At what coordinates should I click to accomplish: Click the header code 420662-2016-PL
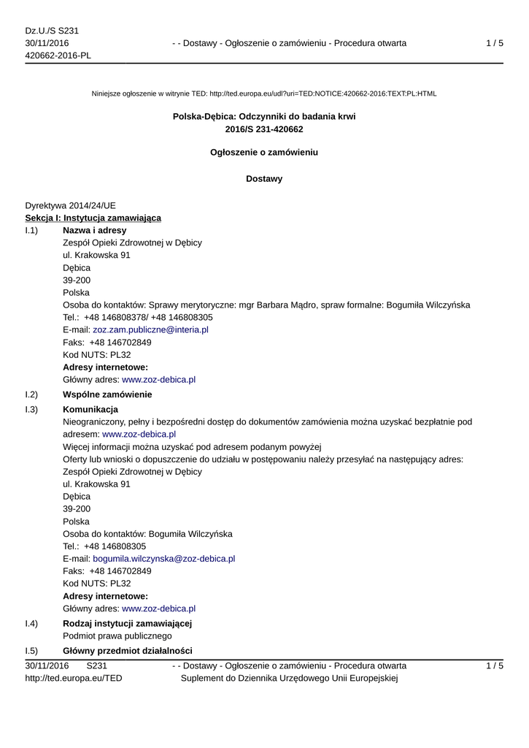click(x=58, y=56)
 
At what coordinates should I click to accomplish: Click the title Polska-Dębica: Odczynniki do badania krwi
click(x=264, y=117)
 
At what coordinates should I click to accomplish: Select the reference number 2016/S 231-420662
click(x=264, y=129)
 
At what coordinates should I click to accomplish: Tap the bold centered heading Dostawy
click(x=264, y=179)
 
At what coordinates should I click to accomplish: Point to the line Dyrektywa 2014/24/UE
click(x=70, y=205)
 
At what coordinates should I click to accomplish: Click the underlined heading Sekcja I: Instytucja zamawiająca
click(x=93, y=218)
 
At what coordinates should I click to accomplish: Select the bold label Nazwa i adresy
click(x=95, y=230)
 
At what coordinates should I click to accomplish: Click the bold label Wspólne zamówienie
click(x=107, y=394)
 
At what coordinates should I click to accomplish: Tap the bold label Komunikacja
click(x=90, y=409)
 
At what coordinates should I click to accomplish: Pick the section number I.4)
click(x=31, y=623)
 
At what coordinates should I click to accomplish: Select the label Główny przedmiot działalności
click(x=128, y=650)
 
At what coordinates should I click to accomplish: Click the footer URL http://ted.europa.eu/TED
click(x=74, y=678)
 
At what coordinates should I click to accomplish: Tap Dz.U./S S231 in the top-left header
click(x=52, y=31)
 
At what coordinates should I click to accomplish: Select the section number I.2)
click(x=31, y=394)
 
